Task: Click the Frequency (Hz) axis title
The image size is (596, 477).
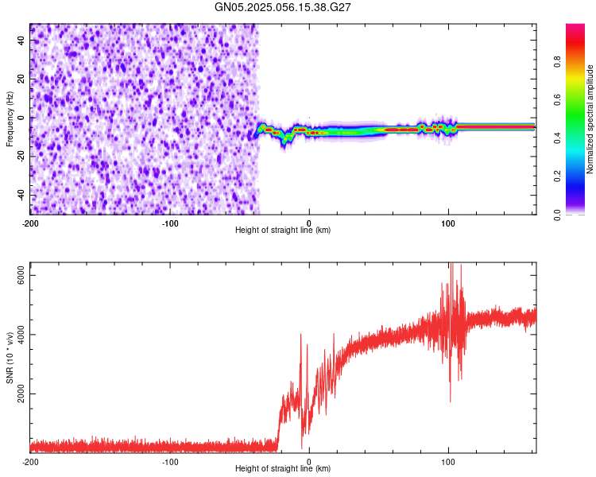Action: [10, 119]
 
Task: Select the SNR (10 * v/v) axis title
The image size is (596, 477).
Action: [10, 358]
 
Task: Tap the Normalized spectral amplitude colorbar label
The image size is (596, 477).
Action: [590, 119]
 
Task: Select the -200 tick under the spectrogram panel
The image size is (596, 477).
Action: [30, 222]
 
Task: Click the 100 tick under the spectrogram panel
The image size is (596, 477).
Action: [448, 222]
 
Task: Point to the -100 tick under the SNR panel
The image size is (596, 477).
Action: [169, 461]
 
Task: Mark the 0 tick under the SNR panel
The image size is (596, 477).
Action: [309, 461]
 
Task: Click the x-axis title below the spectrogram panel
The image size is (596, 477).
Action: [283, 231]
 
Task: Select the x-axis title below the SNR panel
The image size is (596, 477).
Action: [283, 469]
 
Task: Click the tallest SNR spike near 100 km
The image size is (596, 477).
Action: [451, 266]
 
